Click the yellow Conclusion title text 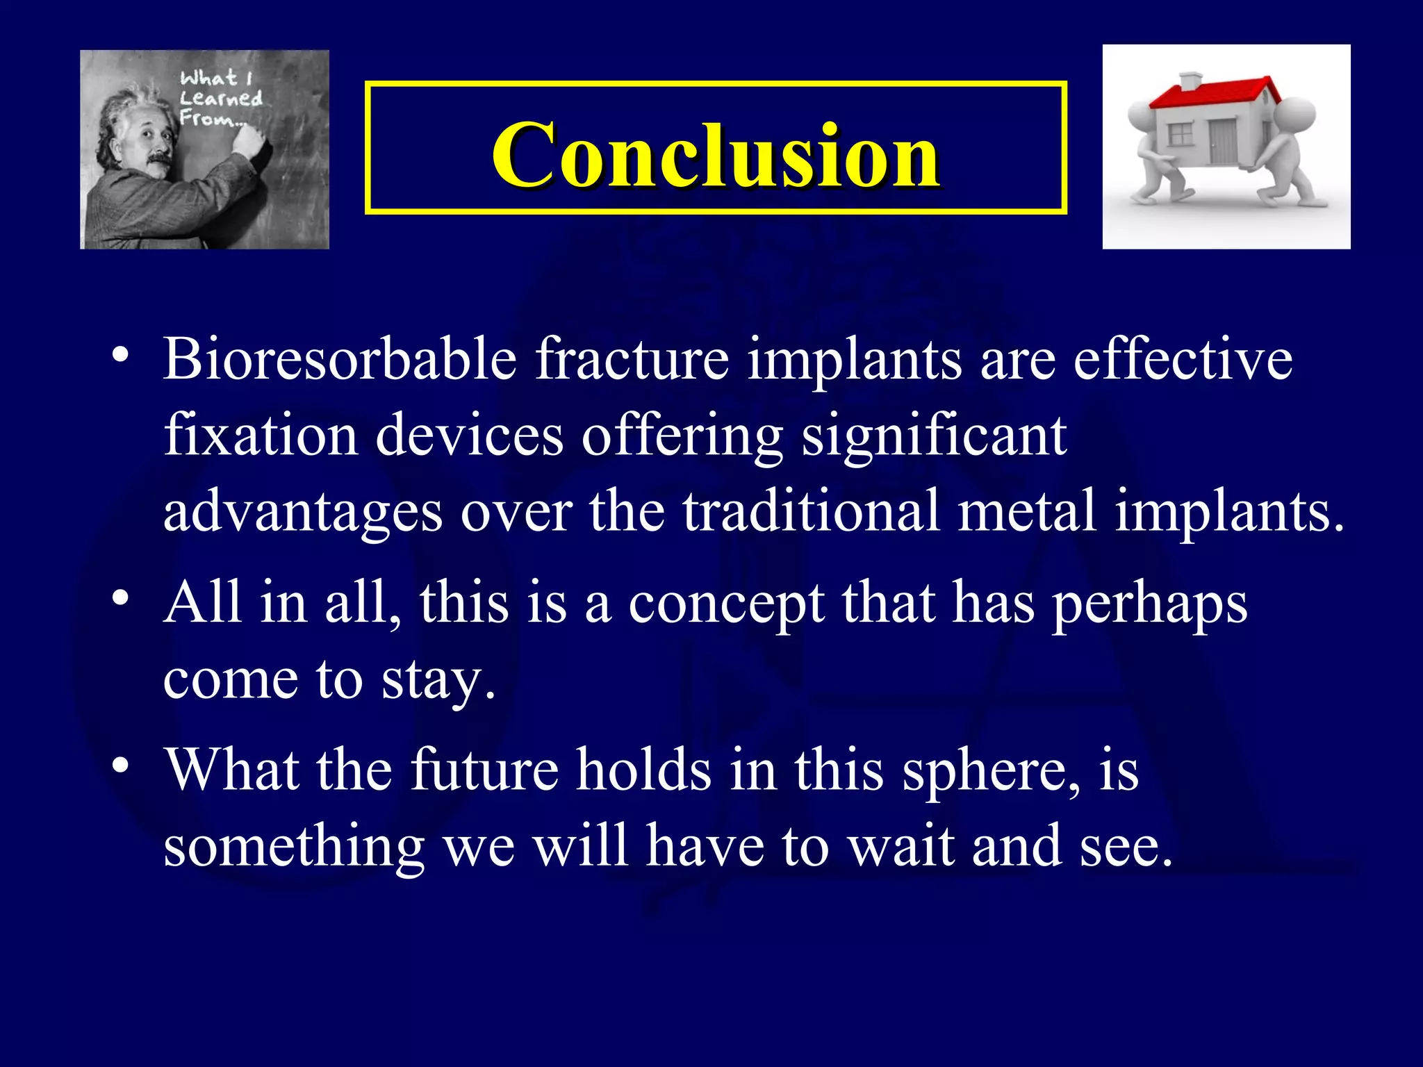(x=716, y=154)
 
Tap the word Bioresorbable (x=340, y=359)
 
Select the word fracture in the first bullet (x=632, y=359)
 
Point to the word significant (x=934, y=436)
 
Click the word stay (x=438, y=679)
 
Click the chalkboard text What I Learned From (x=219, y=98)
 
